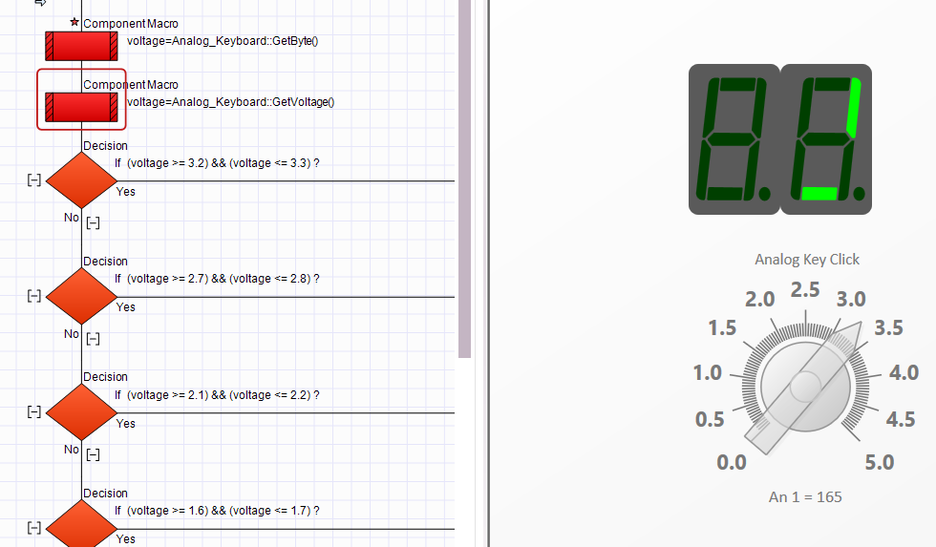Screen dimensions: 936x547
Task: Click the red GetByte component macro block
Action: tap(81, 46)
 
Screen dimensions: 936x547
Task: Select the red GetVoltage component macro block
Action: tap(81, 107)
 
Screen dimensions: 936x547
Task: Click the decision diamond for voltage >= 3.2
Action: tap(81, 180)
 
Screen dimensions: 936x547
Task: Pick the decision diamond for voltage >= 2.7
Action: tap(81, 297)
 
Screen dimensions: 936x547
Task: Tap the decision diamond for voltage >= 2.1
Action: tap(81, 412)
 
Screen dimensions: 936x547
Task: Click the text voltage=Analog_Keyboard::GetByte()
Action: tap(223, 41)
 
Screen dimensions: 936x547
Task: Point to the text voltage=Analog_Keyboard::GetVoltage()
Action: tap(230, 102)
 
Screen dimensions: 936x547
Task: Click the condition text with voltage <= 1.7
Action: tap(218, 511)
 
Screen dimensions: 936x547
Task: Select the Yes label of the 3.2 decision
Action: tap(126, 192)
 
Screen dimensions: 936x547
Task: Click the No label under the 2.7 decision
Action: tap(71, 333)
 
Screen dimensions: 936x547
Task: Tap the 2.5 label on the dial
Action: tap(805, 290)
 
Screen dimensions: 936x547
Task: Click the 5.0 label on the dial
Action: tap(880, 462)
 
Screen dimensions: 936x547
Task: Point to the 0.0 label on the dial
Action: tap(732, 462)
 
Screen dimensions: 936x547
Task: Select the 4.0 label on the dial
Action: tap(904, 373)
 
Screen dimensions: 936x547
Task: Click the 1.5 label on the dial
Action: tap(722, 327)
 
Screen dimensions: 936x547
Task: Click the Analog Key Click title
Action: tap(807, 260)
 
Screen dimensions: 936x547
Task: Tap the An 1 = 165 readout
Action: tap(805, 497)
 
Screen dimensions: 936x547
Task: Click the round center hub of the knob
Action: tap(806, 387)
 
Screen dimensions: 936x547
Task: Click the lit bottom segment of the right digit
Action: tap(819, 193)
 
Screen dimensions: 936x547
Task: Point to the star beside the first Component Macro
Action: tap(74, 22)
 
